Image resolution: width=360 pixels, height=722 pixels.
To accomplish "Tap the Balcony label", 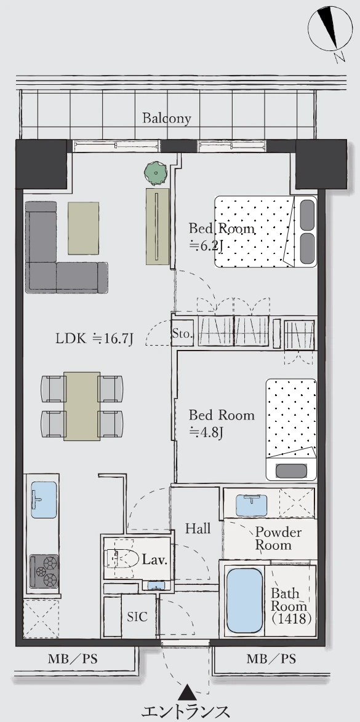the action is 166,118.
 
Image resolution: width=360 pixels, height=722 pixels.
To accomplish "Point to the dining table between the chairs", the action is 82,406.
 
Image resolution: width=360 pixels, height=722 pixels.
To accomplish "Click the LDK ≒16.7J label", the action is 95,339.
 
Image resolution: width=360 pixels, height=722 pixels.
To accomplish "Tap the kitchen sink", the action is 44,499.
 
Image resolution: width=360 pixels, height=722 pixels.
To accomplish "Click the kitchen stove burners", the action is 44,571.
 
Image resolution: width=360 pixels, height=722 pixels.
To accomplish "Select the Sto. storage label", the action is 182,334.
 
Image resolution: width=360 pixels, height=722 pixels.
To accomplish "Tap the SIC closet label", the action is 137,617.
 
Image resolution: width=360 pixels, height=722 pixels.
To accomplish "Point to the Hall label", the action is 198,528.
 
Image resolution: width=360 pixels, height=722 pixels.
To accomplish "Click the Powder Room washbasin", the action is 251,505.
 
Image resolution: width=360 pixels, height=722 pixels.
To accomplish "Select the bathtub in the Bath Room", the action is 245,600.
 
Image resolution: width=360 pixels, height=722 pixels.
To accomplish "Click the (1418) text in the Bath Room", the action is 291,619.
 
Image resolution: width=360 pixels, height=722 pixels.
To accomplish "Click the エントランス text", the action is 185,712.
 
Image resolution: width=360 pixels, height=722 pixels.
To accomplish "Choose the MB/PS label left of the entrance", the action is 73,659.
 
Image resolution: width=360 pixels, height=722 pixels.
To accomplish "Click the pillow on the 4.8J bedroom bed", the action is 291,471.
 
